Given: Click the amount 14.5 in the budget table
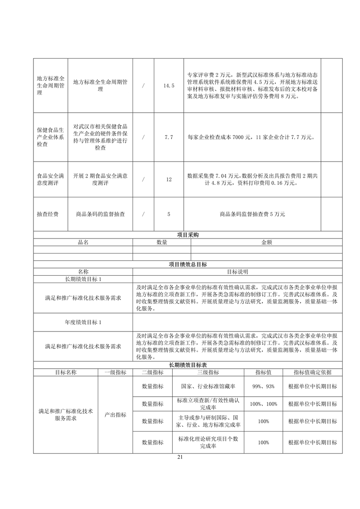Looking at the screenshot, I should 168,86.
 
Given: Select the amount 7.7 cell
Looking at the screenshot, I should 168,137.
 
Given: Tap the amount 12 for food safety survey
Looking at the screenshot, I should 168,180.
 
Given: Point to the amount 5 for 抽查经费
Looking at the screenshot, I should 168,214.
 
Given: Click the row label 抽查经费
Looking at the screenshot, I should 47,214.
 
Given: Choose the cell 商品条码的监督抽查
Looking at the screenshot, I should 100,214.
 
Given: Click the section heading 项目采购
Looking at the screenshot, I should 188,235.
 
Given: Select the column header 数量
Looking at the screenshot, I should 162,242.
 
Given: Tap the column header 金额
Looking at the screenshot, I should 267,242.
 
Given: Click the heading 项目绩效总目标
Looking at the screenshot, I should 188,265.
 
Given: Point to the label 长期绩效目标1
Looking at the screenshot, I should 83,279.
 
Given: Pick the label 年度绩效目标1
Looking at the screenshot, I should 83,322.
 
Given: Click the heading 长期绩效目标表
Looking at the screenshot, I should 188,365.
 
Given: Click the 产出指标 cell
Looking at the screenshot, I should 115,415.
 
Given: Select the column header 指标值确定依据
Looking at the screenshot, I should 312,372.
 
